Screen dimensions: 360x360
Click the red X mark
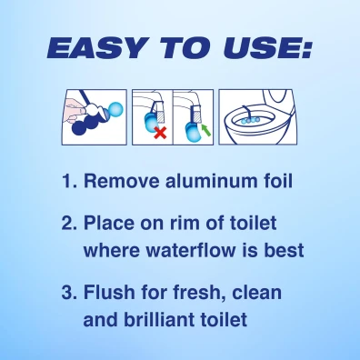[160, 133]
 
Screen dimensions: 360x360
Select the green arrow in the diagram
[205, 131]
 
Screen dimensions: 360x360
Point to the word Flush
[109, 292]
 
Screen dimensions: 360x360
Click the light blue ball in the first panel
[115, 109]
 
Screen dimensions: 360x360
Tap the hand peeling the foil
[75, 108]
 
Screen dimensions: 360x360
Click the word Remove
[122, 181]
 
